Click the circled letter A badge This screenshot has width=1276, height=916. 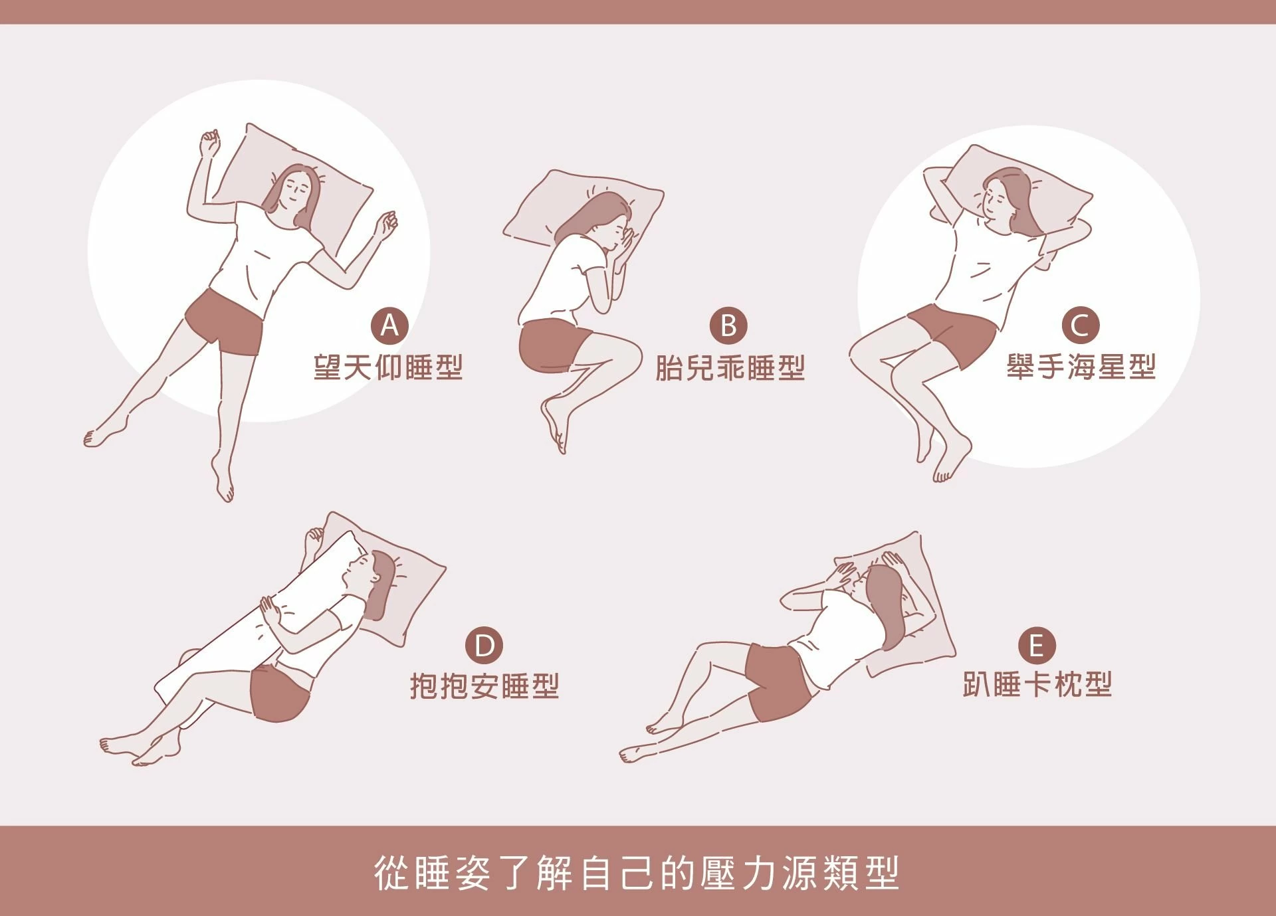point(389,325)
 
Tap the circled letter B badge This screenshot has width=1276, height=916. point(728,325)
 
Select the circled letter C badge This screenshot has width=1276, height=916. point(1080,325)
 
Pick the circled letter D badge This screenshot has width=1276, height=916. point(484,645)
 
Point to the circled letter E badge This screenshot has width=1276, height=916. point(1037,645)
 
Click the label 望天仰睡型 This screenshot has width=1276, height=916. point(388,367)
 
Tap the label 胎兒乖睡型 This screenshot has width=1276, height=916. point(730,367)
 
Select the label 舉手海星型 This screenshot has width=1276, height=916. point(1081,367)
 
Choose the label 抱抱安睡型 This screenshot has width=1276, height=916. point(484,686)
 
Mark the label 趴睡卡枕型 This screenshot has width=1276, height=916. point(1037,685)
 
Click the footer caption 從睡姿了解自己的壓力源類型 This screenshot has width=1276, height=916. point(637,873)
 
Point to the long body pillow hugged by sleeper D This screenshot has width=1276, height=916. point(259,621)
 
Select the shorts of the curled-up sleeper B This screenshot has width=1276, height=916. point(552,345)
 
